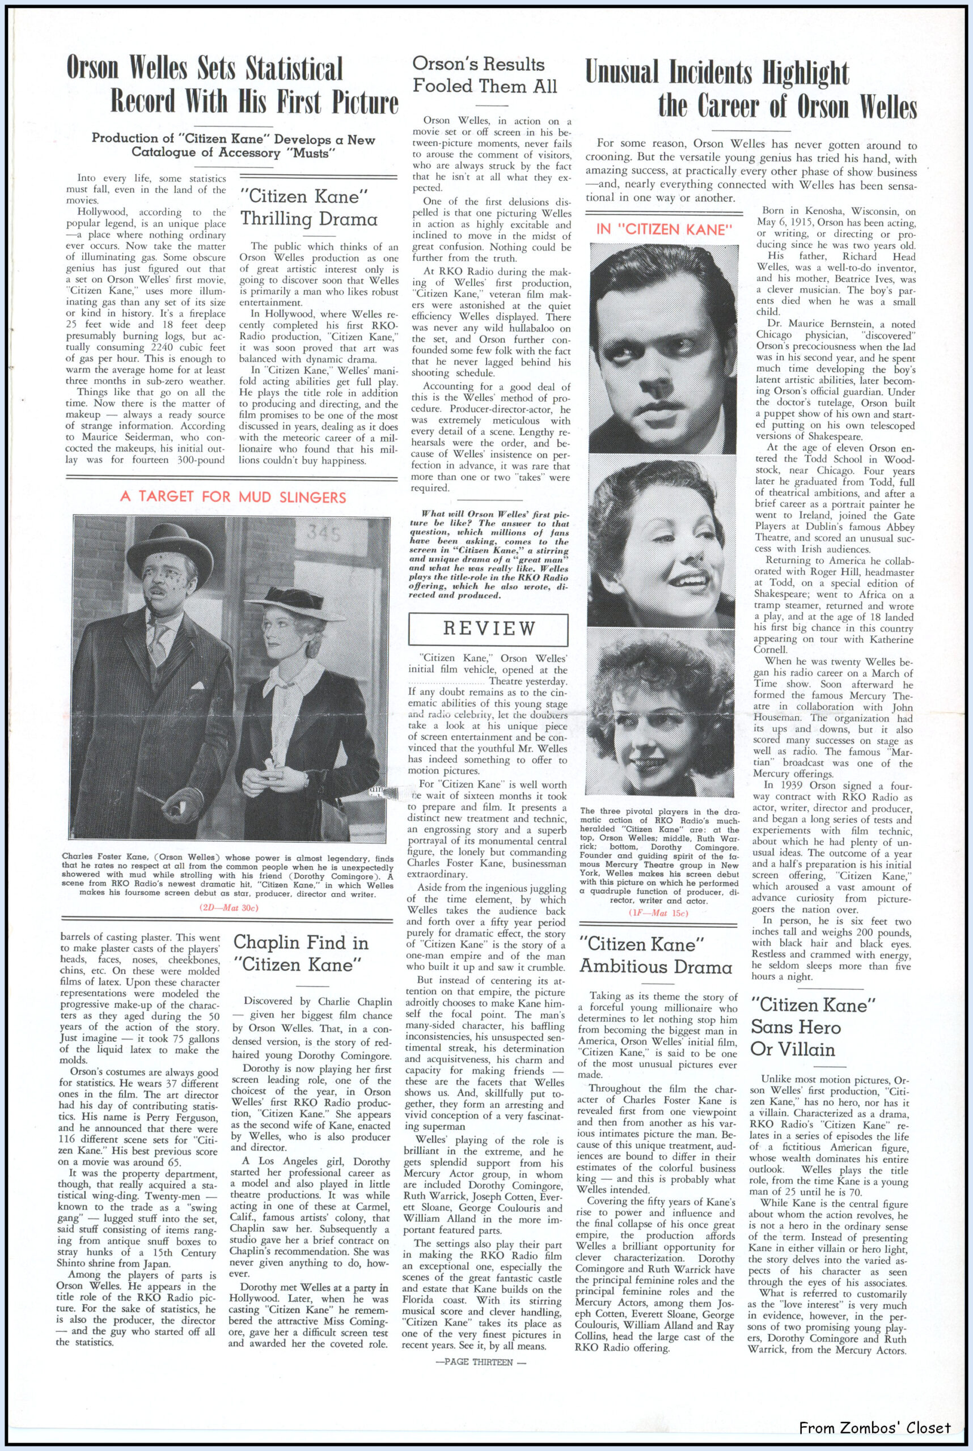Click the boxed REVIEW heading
click(x=489, y=629)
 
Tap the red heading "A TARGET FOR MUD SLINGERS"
click(x=233, y=497)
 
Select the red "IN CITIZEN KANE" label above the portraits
click(x=662, y=229)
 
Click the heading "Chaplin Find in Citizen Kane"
click(x=301, y=953)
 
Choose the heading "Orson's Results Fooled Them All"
click(x=485, y=74)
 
